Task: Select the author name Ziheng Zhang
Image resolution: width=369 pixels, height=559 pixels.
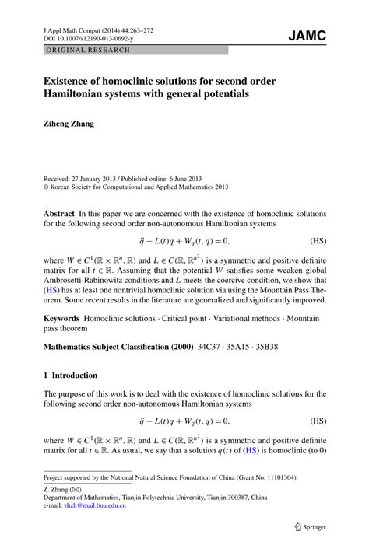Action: (72, 122)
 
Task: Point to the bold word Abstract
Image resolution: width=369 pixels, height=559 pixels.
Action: (59, 212)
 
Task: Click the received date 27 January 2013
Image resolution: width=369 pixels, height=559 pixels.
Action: (100, 178)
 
